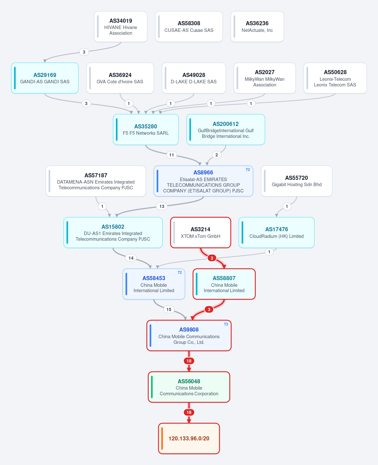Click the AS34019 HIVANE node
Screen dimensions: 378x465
click(x=121, y=26)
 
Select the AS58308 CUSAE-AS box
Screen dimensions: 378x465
click(x=189, y=26)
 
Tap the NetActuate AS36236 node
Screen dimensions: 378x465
click(x=257, y=26)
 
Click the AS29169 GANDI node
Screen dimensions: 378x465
click(x=45, y=78)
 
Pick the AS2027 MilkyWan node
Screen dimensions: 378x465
click(x=265, y=78)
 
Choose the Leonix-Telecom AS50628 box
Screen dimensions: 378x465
click(x=335, y=78)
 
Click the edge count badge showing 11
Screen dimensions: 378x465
click(x=172, y=155)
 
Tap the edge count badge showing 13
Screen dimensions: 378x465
click(x=162, y=206)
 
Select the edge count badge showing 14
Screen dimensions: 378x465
click(x=131, y=258)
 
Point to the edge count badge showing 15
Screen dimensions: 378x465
click(x=169, y=309)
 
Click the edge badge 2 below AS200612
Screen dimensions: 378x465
click(x=216, y=155)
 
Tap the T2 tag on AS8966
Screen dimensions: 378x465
click(x=248, y=170)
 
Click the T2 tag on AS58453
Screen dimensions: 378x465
click(x=180, y=273)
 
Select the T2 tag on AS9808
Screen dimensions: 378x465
click(x=226, y=324)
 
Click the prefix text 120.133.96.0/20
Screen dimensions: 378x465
click(x=189, y=439)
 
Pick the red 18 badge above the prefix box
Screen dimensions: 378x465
click(x=189, y=412)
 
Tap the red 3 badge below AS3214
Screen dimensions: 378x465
click(x=212, y=258)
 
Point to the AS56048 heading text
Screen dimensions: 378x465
click(x=189, y=381)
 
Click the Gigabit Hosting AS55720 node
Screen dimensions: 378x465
click(x=296, y=181)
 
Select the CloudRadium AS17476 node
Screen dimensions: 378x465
click(x=277, y=232)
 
